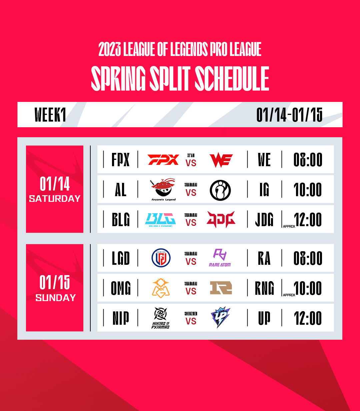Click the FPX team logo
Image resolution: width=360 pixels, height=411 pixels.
point(163,160)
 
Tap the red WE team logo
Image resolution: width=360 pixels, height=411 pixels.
point(221,160)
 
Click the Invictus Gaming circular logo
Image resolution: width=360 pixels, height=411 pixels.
point(220,190)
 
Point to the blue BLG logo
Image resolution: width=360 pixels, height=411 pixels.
point(160,220)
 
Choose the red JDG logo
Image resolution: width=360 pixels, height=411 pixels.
point(221,219)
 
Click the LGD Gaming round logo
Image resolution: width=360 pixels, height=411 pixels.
point(161,258)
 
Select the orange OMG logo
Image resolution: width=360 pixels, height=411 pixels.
point(161,287)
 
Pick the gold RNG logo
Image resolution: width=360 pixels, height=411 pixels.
point(221,288)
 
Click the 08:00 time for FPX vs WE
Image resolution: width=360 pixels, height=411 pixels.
point(308,160)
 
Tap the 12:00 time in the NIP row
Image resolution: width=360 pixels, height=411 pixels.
point(308,318)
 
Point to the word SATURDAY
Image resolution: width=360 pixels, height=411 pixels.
point(55,199)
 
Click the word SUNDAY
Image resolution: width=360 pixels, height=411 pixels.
point(56,298)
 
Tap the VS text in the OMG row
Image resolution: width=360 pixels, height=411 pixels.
point(191,291)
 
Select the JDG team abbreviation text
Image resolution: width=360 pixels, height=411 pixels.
point(264,220)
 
